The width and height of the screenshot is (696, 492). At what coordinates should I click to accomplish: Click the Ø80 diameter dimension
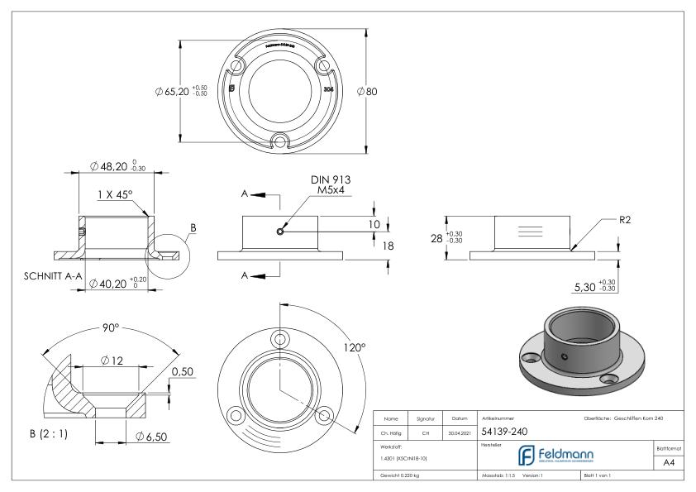coord(367,91)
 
